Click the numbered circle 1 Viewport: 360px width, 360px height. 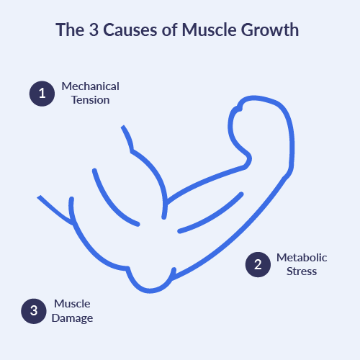(x=42, y=94)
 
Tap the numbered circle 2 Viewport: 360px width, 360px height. (x=258, y=264)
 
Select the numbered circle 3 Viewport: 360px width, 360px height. (x=34, y=311)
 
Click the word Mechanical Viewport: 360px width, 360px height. (x=90, y=86)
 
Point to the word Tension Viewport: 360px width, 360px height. (x=91, y=100)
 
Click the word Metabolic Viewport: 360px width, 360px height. (x=302, y=258)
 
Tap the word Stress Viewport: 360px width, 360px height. (x=302, y=271)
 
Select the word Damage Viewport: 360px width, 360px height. (x=72, y=318)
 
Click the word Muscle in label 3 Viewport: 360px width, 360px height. (x=72, y=304)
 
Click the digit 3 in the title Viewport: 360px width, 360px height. (x=94, y=30)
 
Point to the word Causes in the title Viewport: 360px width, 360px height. (x=130, y=30)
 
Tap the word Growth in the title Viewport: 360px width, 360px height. (x=270, y=30)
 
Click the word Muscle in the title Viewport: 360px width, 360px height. (x=209, y=30)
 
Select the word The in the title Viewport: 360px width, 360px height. (x=70, y=30)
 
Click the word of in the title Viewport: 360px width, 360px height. (x=170, y=30)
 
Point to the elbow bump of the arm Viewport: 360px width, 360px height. (x=150, y=291)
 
